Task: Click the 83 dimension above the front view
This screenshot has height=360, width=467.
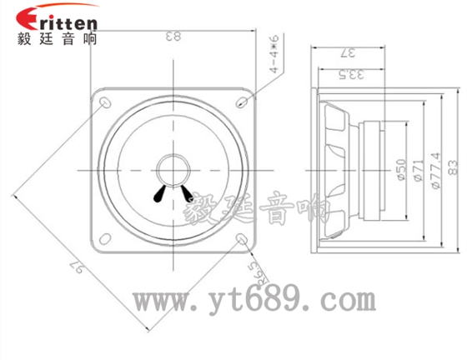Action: coord(173,37)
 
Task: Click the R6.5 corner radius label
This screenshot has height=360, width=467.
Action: coord(256,269)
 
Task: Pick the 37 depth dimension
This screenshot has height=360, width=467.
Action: coord(349,53)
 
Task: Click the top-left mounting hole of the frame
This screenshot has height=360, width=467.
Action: coord(105,102)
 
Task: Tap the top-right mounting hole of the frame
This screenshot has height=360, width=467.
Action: coord(241,102)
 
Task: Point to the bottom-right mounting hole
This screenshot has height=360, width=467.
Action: coord(242,239)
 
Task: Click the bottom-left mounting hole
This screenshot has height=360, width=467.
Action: coord(105,239)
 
